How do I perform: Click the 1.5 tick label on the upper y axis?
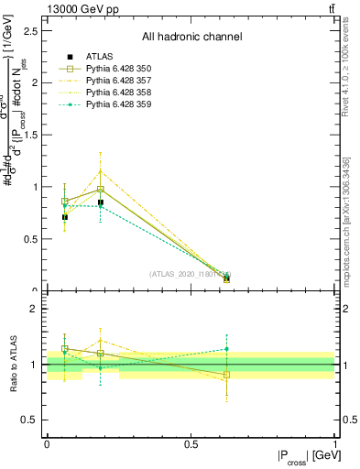point(31,135)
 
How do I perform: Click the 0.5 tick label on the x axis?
point(191,443)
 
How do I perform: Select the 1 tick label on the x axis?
point(336,443)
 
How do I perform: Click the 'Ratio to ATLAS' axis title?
point(13,364)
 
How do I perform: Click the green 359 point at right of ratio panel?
point(226,349)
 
